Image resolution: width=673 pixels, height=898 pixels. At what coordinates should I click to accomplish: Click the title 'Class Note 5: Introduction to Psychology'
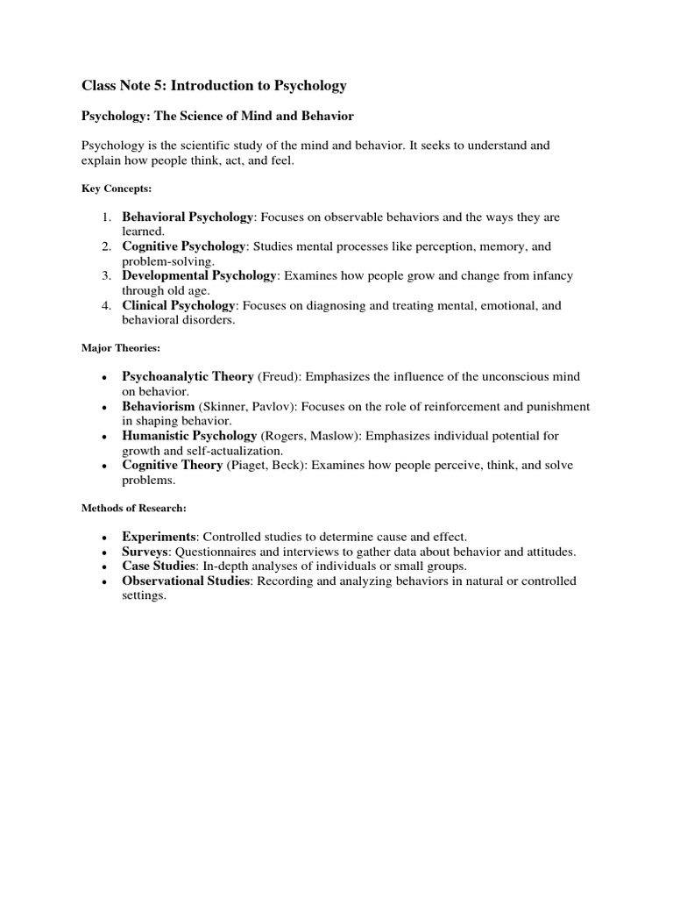click(x=214, y=86)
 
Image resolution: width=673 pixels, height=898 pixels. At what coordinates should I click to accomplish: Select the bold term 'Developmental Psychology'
click(x=199, y=276)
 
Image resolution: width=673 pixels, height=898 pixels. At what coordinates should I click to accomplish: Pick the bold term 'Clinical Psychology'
click(x=179, y=306)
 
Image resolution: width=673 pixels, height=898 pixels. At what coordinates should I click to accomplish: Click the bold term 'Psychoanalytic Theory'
click(x=188, y=377)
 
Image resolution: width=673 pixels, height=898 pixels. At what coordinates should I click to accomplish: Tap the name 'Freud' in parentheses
click(x=277, y=377)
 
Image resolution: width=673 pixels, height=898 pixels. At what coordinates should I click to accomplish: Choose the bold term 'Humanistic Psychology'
click(x=189, y=436)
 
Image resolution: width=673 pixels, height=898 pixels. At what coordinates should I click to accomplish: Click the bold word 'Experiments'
click(x=159, y=537)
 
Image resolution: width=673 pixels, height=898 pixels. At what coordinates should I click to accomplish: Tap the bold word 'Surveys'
click(x=145, y=552)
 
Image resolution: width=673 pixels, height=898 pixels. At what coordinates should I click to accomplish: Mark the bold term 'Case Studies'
click(x=159, y=567)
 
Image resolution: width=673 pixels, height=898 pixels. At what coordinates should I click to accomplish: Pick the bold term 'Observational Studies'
click(x=187, y=581)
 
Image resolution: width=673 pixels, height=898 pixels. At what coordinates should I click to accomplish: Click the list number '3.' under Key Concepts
click(x=105, y=276)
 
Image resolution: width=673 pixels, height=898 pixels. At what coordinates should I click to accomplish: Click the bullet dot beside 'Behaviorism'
click(x=104, y=408)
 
